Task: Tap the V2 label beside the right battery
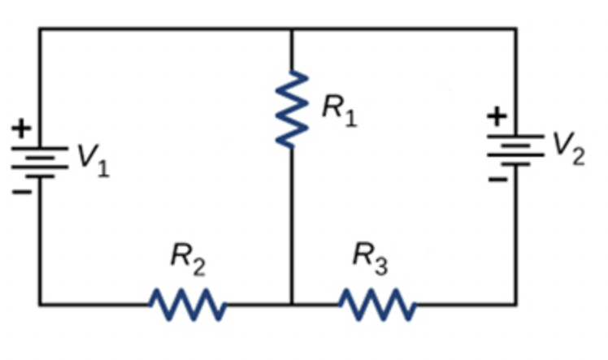coord(567,148)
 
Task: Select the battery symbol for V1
coord(39,162)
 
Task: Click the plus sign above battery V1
coord(22,128)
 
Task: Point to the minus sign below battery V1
coord(22,193)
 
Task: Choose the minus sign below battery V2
coord(497,179)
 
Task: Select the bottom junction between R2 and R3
coord(291,305)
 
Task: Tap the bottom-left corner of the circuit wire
coord(39,305)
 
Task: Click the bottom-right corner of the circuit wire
coord(515,305)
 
